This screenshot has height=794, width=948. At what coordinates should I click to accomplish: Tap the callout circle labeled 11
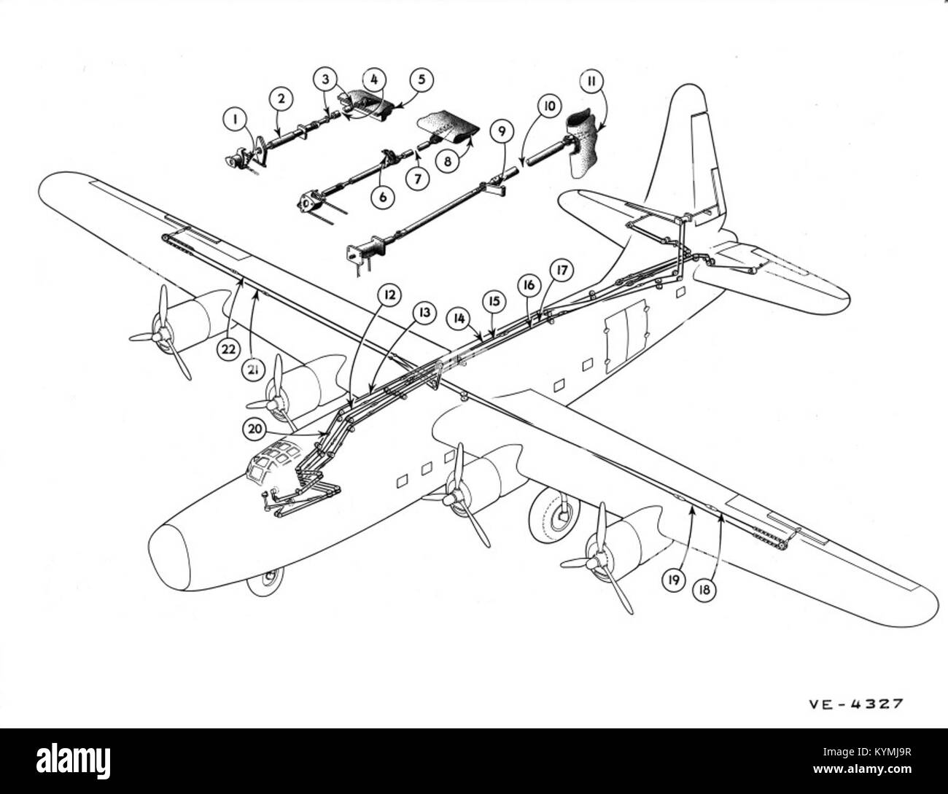pos(592,79)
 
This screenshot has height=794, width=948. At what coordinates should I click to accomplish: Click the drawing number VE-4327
pos(855,704)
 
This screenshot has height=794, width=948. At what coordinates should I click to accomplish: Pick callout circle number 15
pos(494,300)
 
